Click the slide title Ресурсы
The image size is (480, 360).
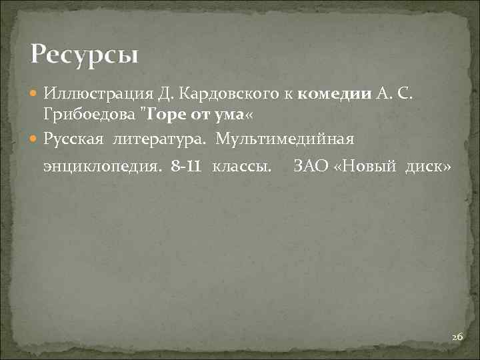84,53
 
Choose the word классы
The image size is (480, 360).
242,165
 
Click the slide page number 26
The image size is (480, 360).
457,337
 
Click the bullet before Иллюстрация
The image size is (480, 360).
35,93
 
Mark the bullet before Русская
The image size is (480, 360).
35,139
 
